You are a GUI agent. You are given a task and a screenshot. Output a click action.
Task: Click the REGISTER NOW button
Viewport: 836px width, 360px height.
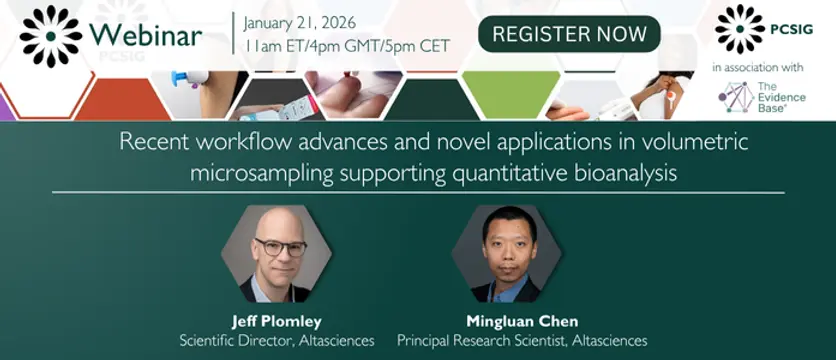click(569, 34)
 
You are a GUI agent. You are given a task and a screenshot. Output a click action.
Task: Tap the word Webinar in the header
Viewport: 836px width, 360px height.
click(146, 36)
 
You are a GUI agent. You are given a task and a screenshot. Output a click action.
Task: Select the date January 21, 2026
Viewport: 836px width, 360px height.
click(300, 23)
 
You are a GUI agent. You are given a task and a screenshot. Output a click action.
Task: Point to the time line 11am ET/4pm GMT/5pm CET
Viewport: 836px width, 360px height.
click(347, 46)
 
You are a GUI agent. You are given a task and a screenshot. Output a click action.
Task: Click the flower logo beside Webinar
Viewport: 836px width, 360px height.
click(51, 36)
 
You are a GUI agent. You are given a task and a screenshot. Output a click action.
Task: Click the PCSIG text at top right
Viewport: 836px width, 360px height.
click(791, 30)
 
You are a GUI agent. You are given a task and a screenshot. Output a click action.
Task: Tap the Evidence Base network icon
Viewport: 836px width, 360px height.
click(736, 97)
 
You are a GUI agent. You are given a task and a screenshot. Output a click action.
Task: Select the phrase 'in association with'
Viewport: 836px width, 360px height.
click(758, 68)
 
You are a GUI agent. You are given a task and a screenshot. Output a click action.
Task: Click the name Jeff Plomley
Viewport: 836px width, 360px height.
click(277, 321)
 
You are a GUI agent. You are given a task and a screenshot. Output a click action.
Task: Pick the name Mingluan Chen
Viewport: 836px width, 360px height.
click(522, 321)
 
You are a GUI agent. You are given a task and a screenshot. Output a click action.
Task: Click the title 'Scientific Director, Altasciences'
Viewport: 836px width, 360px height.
click(277, 340)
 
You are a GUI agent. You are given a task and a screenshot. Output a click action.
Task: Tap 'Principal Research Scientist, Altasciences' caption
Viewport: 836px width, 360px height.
click(522, 340)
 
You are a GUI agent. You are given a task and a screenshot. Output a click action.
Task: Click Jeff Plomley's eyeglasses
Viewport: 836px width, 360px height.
click(280, 247)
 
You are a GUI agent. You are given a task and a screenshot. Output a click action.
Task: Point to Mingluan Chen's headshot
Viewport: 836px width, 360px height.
click(507, 254)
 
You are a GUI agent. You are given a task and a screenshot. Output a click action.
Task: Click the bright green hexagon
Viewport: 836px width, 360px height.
click(511, 95)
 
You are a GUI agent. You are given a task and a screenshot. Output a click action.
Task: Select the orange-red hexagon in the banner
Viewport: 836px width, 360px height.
click(122, 99)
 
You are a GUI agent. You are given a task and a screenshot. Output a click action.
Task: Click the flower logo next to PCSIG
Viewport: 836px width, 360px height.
click(739, 29)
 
